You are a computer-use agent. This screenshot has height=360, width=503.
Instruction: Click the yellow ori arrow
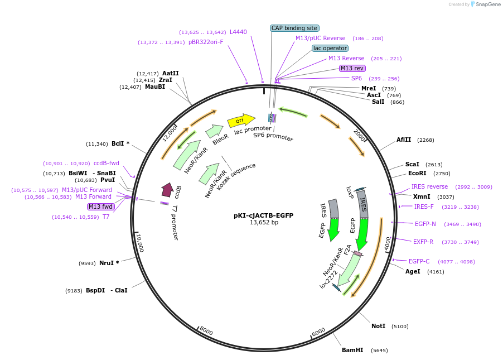pos(241,120)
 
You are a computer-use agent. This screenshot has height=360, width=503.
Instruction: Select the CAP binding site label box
pos(294,28)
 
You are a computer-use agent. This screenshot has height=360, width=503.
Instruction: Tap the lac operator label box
pos(330,48)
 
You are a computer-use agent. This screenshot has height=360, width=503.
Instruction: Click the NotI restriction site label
pos(379,326)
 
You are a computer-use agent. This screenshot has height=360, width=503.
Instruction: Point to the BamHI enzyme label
pos(352,350)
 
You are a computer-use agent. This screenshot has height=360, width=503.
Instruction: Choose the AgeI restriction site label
pos(413,271)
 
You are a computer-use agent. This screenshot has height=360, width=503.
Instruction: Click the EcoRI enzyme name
pos(417,173)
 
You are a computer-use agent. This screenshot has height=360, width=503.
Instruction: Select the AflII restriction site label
pos(404,140)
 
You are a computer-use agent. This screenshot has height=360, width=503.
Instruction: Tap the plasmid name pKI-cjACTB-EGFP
pos(264,215)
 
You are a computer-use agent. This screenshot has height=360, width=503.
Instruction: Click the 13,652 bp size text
pos(264,222)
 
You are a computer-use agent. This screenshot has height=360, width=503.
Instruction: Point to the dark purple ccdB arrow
pos(167,190)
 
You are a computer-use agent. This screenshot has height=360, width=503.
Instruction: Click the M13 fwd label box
pos(101,207)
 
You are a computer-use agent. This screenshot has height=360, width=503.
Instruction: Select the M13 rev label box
pos(352,68)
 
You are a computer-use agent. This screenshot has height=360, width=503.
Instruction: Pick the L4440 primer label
pos(238,32)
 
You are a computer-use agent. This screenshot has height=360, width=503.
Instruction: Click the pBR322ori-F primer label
pos(206,42)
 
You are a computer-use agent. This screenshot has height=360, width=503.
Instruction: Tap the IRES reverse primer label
pos(429,186)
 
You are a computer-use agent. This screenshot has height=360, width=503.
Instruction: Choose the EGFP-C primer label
pos(419,261)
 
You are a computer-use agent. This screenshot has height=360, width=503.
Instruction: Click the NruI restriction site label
pos(106,263)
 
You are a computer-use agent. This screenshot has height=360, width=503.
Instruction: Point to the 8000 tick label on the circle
pos(206,332)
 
